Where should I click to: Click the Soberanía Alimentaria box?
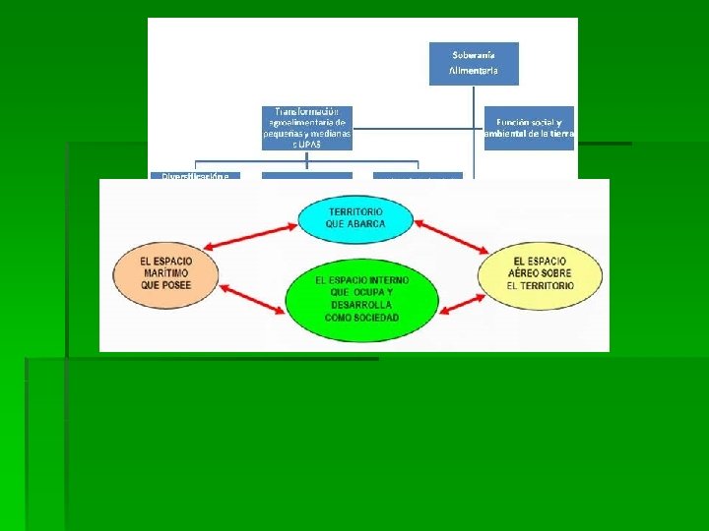pos(474,62)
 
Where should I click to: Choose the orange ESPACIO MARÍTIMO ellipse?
pos(166,271)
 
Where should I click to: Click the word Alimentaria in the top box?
pos(474,71)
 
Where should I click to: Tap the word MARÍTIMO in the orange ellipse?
pos(166,272)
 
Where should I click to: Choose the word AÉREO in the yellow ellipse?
pos(541,272)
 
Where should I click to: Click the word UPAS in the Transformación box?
pos(310,144)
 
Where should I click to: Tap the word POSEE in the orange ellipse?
pos(177,285)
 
